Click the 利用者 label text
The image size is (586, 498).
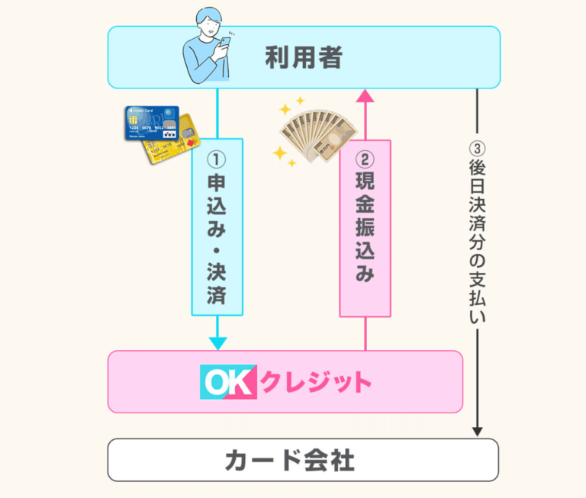coord(303,57)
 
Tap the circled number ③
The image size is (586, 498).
coord(478,148)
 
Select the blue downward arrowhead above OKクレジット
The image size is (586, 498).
coord(217,342)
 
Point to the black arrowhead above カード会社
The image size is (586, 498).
coord(478,431)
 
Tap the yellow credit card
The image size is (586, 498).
coord(175,141)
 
